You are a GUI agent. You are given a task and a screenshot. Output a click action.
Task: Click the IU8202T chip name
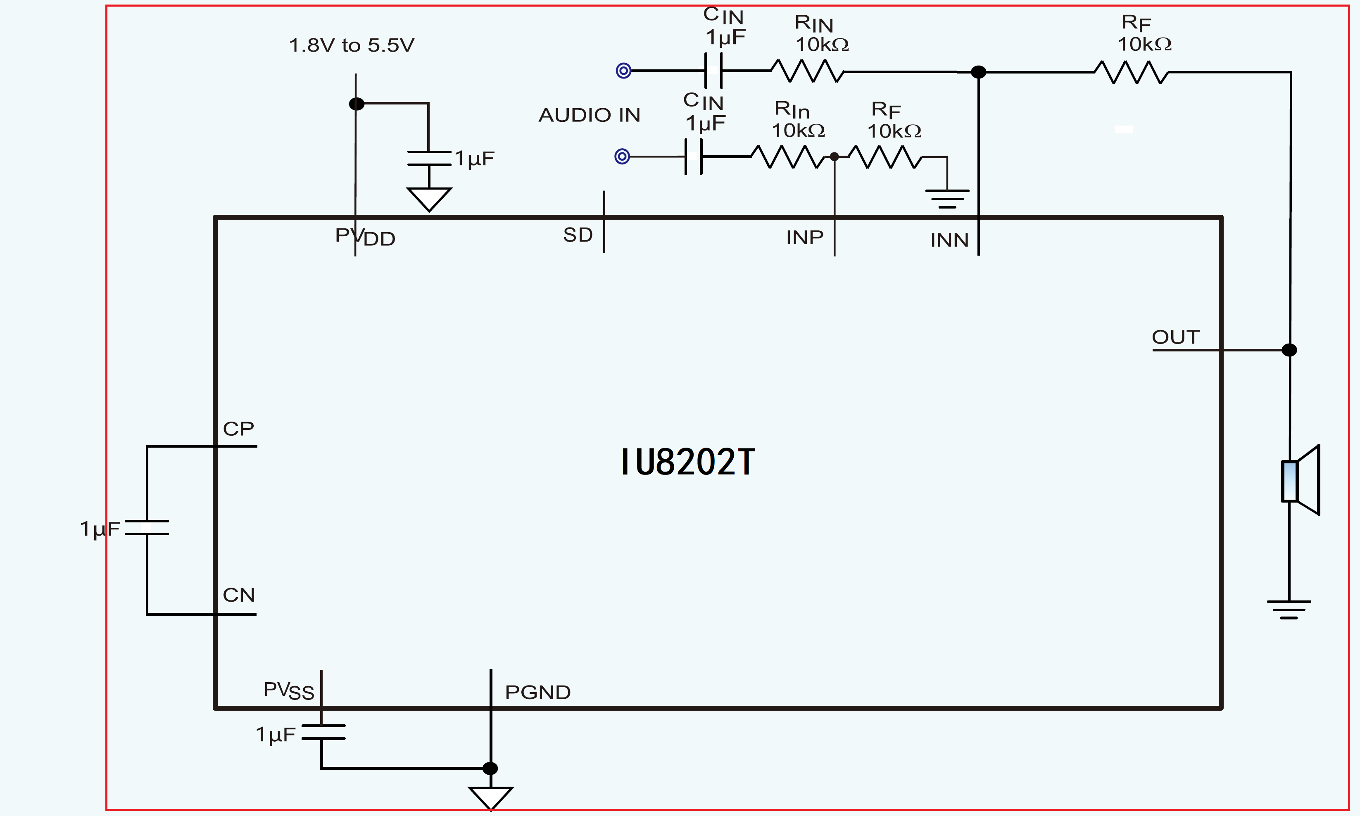(688, 462)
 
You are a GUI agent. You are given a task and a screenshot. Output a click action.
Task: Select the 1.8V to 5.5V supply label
(352, 45)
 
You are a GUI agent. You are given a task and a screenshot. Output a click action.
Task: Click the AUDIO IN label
(589, 115)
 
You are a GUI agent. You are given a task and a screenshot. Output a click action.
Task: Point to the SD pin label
(578, 235)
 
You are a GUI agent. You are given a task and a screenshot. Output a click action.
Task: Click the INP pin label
(805, 237)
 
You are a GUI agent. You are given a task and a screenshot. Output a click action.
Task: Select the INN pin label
(949, 240)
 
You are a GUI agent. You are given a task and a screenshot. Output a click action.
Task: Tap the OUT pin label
(1176, 337)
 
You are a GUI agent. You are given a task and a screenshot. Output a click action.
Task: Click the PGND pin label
(538, 692)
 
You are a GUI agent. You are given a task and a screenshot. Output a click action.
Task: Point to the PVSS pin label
(289, 690)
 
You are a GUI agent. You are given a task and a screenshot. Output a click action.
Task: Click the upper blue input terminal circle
(623, 71)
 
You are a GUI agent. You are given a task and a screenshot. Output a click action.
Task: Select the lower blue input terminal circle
(622, 157)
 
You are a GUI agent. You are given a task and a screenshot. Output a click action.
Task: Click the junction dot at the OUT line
(1289, 350)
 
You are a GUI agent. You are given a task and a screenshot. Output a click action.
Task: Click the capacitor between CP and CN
(147, 527)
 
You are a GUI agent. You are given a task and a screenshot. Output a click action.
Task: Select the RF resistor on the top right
(1131, 72)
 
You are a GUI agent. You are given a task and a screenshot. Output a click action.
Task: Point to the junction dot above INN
(978, 72)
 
